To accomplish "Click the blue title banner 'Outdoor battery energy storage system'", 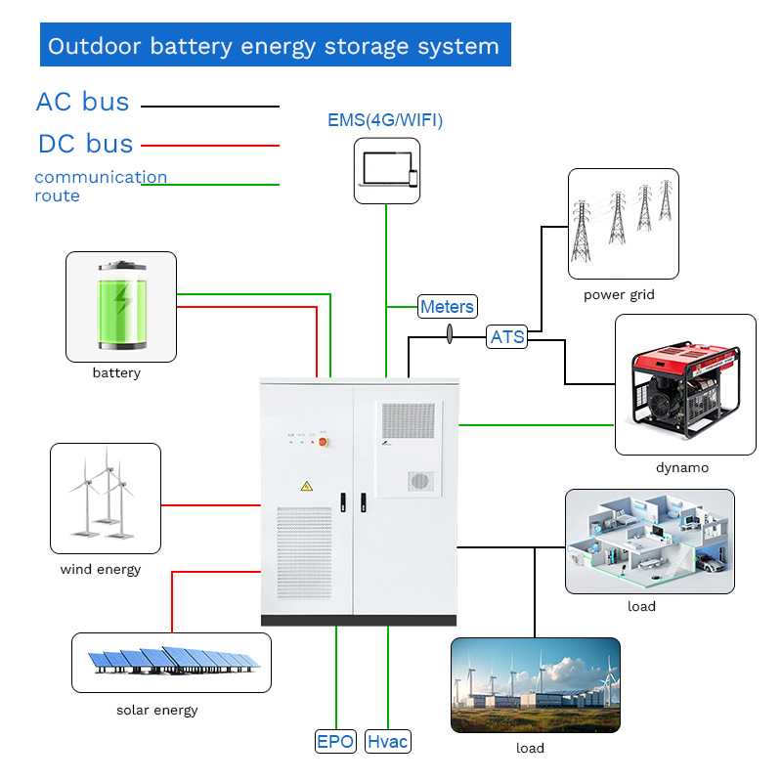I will click(x=275, y=46).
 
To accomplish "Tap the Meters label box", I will click(x=447, y=307).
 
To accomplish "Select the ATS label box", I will click(x=507, y=337).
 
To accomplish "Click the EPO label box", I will click(x=335, y=742).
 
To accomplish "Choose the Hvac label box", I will click(x=388, y=742).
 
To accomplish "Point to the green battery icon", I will click(x=121, y=305).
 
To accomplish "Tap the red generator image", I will click(x=685, y=384).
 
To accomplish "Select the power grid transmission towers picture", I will click(x=623, y=224).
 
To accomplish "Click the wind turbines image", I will click(x=105, y=499).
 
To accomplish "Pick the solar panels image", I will click(x=172, y=662).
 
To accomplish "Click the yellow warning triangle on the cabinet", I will click(x=306, y=486).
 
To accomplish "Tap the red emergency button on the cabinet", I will click(x=324, y=441).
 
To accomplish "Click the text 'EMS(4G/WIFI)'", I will click(x=385, y=121).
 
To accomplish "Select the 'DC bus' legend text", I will click(x=85, y=144).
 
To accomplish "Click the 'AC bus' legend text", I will click(x=82, y=102).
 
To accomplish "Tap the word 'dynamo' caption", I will click(x=682, y=467).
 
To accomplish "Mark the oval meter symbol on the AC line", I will click(x=450, y=335).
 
